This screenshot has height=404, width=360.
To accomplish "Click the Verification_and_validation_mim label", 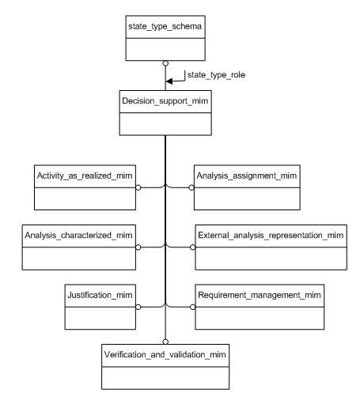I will pyautogui.click(x=165, y=353).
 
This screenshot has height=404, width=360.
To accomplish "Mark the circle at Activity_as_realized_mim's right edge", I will pyautogui.click(x=138, y=188).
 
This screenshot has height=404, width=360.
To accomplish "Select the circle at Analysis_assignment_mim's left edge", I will pyautogui.click(x=191, y=188).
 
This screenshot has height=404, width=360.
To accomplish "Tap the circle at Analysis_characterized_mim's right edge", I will pyautogui.click(x=138, y=247).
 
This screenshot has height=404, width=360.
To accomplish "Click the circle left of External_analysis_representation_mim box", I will pyautogui.click(x=191, y=247).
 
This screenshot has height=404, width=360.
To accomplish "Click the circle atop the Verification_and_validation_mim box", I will pyautogui.click(x=165, y=341).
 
